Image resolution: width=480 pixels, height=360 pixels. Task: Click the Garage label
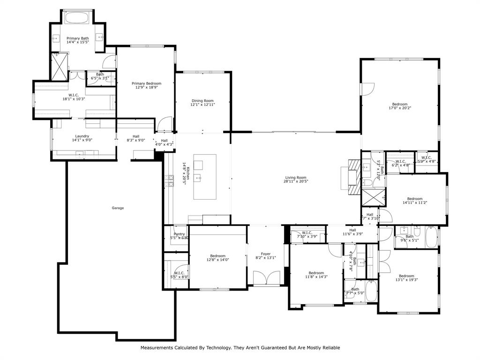118,208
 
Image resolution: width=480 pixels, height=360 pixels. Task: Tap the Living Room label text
296,178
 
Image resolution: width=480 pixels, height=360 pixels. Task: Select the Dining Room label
202,101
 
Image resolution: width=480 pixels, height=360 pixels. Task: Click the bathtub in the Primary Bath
78,18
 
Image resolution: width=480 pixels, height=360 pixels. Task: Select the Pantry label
179,234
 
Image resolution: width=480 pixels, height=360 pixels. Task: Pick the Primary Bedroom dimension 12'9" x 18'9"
146,87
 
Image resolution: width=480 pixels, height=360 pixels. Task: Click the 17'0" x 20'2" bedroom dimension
400,108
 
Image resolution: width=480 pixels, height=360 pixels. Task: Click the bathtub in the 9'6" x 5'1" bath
432,237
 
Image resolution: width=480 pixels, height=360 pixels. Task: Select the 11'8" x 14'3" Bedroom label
316,273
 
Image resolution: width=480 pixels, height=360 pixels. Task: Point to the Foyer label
266,254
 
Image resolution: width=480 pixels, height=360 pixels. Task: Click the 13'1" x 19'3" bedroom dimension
406,280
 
